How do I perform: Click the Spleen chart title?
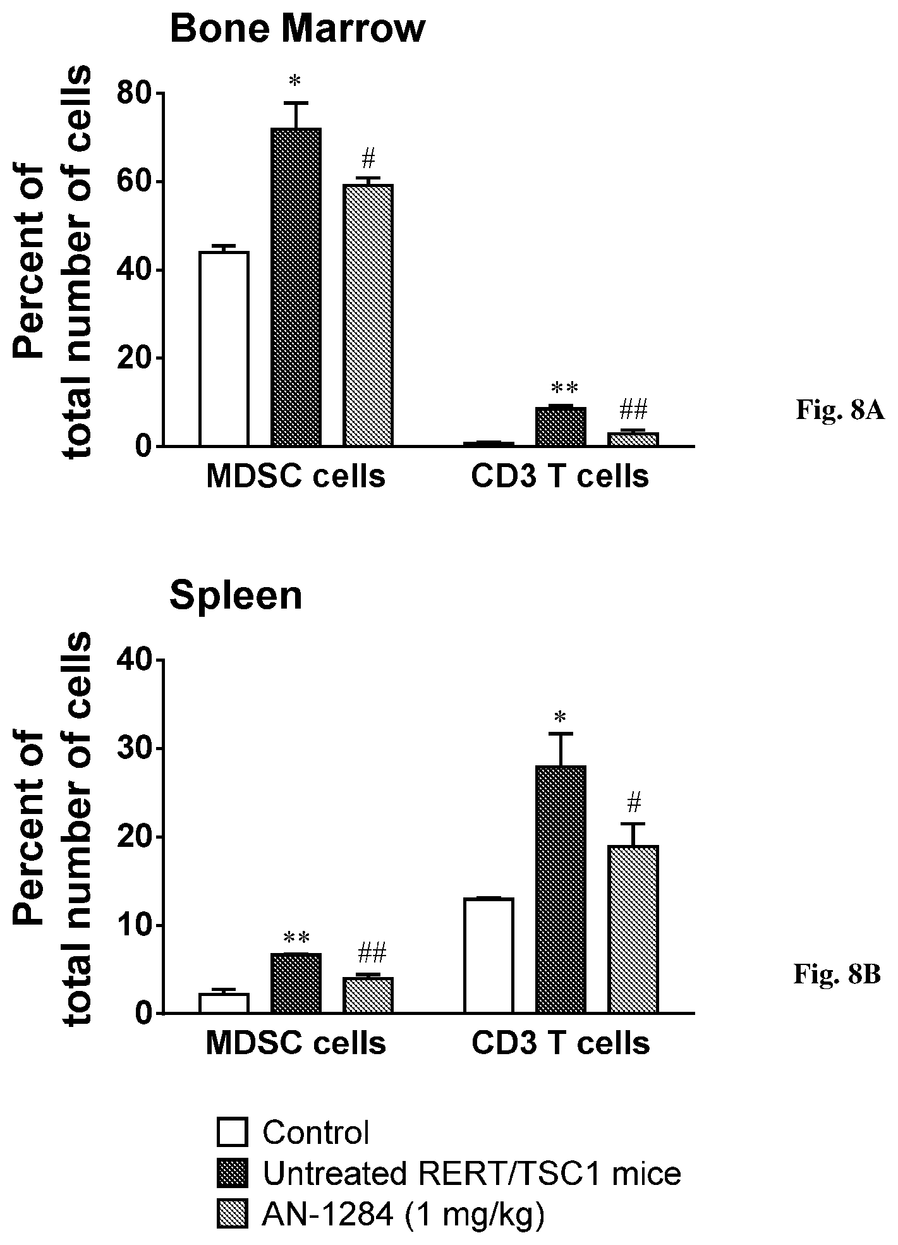pos(236,596)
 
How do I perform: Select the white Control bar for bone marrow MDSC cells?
pos(224,349)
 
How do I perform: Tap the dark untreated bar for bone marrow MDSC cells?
pos(296,288)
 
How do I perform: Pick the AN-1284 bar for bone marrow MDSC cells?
pos(368,315)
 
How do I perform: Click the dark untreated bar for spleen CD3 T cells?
pos(561,889)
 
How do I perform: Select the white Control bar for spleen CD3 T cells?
pos(488,956)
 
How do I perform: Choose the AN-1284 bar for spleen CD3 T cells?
pos(633,929)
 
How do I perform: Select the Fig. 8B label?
pos(837,974)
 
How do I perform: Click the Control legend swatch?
pos(232,1133)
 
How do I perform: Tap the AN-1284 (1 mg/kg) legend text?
pos(403,1215)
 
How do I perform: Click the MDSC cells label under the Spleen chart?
pos(296,1043)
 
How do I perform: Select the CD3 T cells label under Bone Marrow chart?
pos(560,477)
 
